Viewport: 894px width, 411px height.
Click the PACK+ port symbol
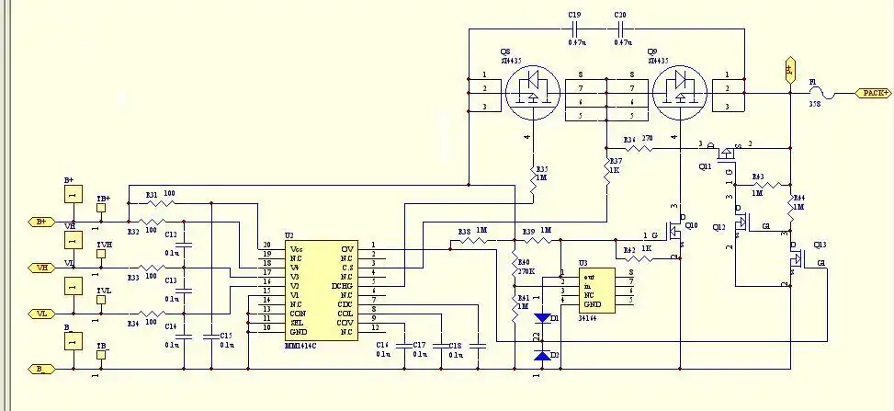pyautogui.click(x=874, y=93)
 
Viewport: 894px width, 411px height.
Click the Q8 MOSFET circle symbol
pyautogui.click(x=531, y=93)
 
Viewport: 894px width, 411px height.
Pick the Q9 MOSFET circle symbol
pyautogui.click(x=679, y=93)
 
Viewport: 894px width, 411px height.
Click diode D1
pyautogui.click(x=542, y=317)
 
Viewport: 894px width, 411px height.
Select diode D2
pyautogui.click(x=542, y=355)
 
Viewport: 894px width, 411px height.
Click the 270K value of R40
pyautogui.click(x=525, y=272)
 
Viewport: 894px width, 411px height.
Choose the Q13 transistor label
pyautogui.click(x=820, y=245)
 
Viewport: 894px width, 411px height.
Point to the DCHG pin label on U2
pyautogui.click(x=342, y=286)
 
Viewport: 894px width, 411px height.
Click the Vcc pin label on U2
pyautogui.click(x=296, y=249)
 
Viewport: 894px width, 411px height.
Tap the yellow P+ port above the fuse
pyautogui.click(x=788, y=69)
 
